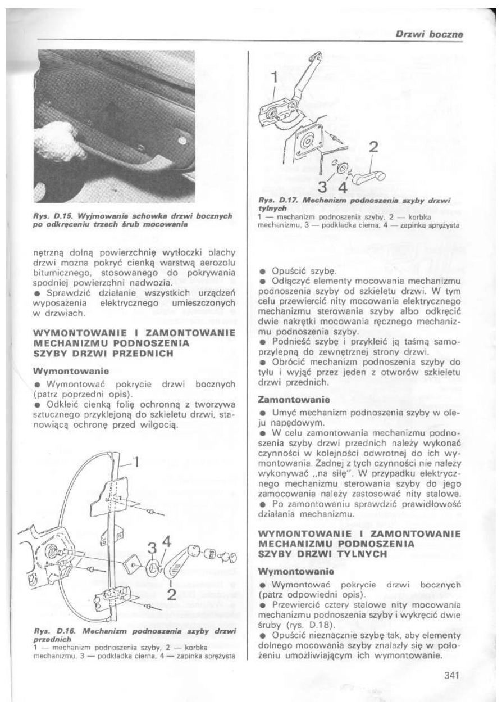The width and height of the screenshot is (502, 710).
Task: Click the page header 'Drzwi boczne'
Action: coord(428,34)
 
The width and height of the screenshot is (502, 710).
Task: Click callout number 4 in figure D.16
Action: coord(166,542)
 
